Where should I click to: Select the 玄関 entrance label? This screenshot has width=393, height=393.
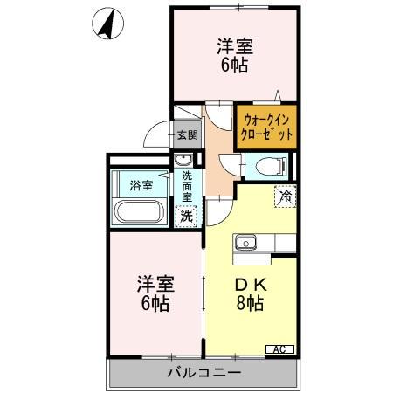click(187, 134)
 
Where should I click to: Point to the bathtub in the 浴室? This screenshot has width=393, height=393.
click(138, 213)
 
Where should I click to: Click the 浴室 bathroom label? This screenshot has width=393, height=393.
click(141, 185)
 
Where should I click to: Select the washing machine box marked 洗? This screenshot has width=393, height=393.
click(187, 215)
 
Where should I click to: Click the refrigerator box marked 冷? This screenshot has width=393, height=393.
click(285, 196)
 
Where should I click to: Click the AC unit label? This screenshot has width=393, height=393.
click(279, 349)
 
